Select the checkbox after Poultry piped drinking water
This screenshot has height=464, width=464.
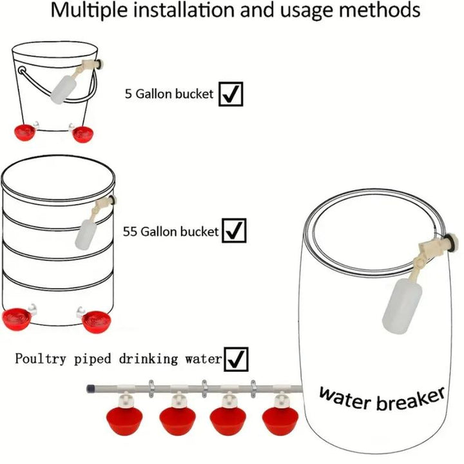coord(236,359)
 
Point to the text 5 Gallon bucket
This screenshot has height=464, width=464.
coord(169,94)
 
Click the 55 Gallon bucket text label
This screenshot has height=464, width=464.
coord(171,231)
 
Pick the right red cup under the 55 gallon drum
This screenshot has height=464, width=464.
coord(97,319)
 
